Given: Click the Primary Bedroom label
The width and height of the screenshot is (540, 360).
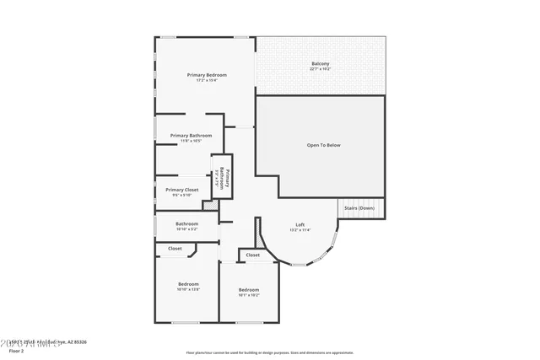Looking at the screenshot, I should click(206, 75).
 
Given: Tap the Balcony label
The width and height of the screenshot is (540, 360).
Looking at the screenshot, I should click(320, 64).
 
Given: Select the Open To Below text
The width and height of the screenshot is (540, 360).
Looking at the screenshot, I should click(323, 145).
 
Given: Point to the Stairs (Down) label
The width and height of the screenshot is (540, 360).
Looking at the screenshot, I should click(360, 207).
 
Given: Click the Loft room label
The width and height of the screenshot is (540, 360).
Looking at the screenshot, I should click(300, 224).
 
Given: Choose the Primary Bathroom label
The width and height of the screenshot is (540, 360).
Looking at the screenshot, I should click(190, 135).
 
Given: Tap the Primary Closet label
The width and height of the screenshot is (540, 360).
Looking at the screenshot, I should click(181, 190).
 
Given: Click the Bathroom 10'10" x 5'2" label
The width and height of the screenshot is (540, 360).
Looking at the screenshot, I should click(186, 223).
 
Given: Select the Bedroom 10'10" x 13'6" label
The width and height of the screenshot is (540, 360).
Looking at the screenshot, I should click(187, 284).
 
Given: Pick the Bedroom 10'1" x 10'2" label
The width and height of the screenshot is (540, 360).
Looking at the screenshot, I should click(248, 290).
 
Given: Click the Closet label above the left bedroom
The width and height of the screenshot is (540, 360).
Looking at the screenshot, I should click(175, 249).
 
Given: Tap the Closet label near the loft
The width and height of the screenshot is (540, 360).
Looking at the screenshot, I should click(253, 255).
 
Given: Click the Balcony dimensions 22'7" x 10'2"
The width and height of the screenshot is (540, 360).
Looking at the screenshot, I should click(320, 69).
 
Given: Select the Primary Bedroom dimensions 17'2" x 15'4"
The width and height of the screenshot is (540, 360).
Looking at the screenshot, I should click(206, 81).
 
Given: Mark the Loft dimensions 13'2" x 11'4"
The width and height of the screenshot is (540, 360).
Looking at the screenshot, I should click(300, 230).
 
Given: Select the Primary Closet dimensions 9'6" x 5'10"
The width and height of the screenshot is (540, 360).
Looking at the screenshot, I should click(181, 195).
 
